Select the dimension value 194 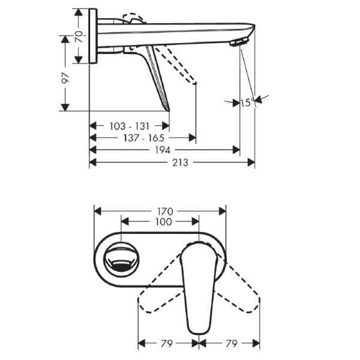pyautogui.click(x=163, y=149)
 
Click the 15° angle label pyautogui.click(x=247, y=103)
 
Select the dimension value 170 pyautogui.click(x=165, y=211)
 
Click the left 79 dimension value pyautogui.click(x=167, y=343)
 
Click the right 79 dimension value pyautogui.click(x=230, y=343)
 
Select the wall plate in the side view pyautogui.click(x=92, y=36)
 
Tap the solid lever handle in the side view pyautogui.click(x=157, y=81)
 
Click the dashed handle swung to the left pyautogui.click(x=157, y=296)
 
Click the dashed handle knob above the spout pyautogui.click(x=134, y=19)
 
